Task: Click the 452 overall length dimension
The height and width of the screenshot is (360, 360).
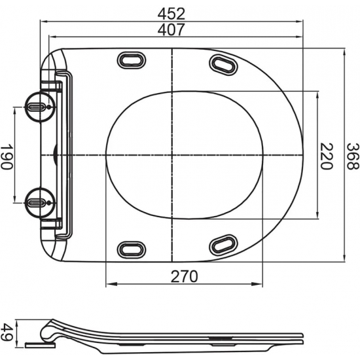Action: (x=172, y=13)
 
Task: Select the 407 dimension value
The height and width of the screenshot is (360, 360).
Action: (x=172, y=29)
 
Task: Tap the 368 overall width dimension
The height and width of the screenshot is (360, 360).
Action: (x=353, y=156)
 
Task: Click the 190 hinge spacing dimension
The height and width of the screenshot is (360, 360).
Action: (x=7, y=156)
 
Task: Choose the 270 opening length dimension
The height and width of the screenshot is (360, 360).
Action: (x=185, y=276)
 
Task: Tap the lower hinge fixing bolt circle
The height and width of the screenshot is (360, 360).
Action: (x=37, y=199)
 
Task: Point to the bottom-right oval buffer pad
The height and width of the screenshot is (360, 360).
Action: (x=223, y=245)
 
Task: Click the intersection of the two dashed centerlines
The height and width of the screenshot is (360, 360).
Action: (x=171, y=155)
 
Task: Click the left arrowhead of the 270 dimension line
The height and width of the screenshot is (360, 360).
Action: (x=109, y=285)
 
